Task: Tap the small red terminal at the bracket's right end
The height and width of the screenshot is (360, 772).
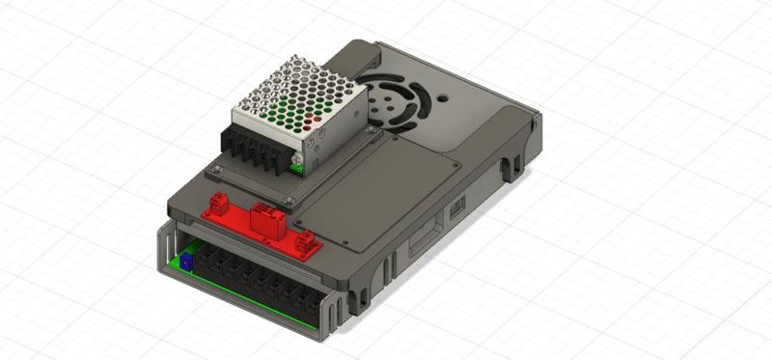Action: [x=307, y=243]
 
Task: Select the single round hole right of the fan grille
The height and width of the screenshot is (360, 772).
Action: [x=443, y=97]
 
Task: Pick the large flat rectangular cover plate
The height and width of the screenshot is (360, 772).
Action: [x=386, y=193]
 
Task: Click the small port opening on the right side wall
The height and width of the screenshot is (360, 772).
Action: [x=459, y=205]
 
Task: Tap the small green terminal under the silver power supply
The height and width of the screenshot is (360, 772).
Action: [x=299, y=169]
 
